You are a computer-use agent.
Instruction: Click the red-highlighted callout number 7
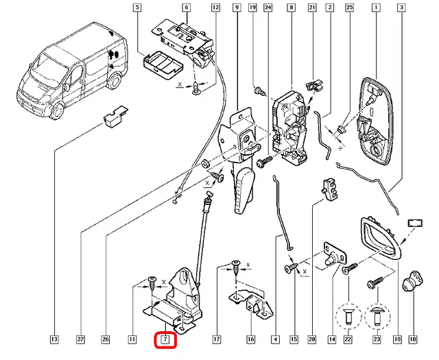[x=166, y=339]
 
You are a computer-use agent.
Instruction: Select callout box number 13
[x=54, y=339]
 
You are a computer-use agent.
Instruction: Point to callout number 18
[x=412, y=339]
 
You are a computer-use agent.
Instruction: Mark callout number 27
[x=80, y=339]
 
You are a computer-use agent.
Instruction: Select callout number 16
[x=251, y=339]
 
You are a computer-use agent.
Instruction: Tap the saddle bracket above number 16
[x=251, y=302]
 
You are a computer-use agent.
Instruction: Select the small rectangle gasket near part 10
[x=416, y=223]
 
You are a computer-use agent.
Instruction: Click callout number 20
[x=311, y=339]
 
